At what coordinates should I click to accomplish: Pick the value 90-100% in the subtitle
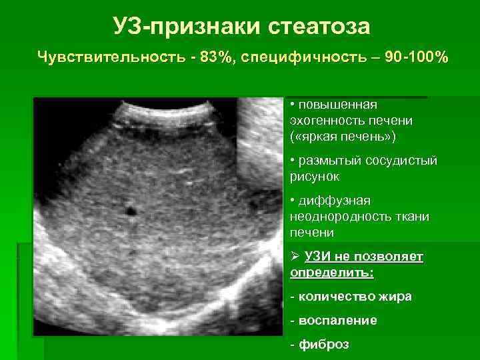click(x=408, y=58)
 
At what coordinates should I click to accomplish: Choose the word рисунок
click(x=315, y=177)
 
